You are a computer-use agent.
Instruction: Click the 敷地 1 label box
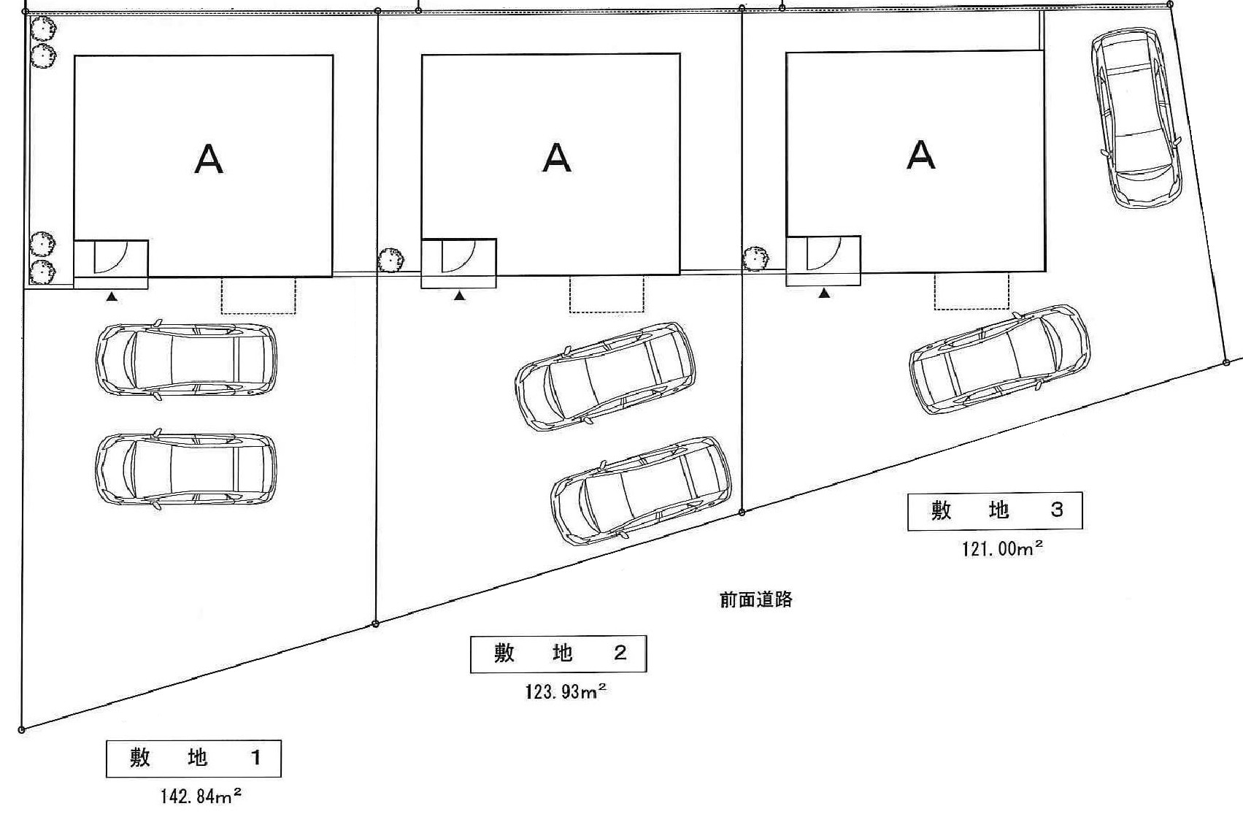tap(193, 759)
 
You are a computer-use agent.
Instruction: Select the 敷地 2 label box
tap(558, 653)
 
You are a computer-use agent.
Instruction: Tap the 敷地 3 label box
tap(995, 510)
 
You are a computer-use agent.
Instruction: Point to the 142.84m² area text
tap(201, 795)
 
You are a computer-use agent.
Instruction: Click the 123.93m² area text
tap(566, 691)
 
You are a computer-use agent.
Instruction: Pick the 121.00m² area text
tap(1002, 548)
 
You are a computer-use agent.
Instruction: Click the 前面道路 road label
tap(755, 600)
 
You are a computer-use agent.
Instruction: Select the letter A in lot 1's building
tap(209, 158)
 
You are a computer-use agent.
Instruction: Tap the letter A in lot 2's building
tap(557, 157)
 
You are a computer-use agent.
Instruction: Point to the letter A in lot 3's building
tap(921, 155)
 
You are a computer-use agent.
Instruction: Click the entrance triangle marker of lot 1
tap(112, 297)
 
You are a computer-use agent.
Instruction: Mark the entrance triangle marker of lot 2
tap(459, 296)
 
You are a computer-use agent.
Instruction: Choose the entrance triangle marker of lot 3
tap(824, 294)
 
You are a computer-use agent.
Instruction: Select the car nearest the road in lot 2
tap(640, 490)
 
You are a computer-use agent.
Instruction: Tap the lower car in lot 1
tap(186, 469)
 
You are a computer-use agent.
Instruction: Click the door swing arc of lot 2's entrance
tap(458, 257)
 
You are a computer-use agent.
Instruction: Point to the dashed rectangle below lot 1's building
tap(258, 296)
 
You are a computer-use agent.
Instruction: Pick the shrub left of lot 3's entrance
tap(755, 258)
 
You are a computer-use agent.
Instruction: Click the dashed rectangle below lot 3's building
tap(971, 291)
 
